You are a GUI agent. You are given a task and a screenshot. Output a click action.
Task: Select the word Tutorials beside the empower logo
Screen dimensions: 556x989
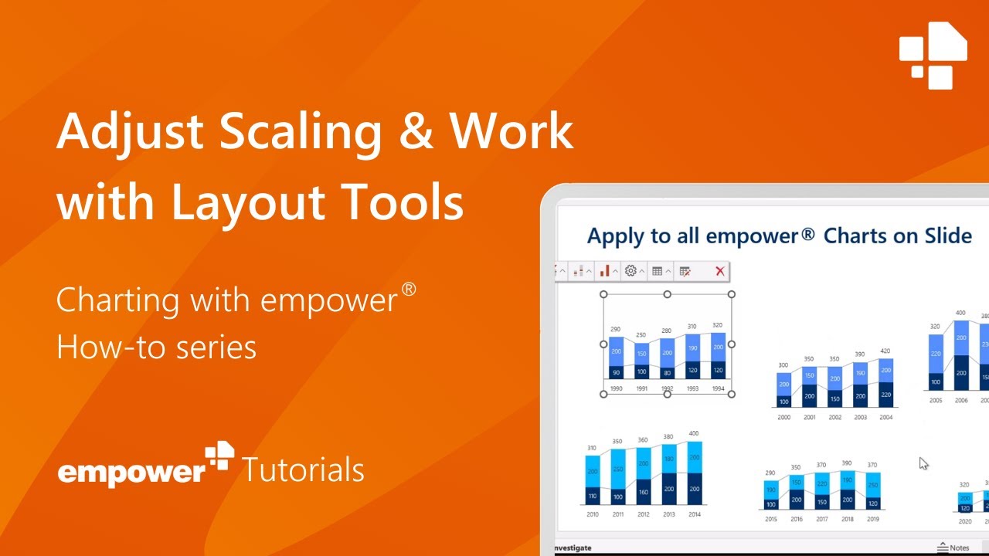click(x=303, y=470)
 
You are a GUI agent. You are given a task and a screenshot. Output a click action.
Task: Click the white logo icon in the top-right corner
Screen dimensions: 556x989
click(x=933, y=56)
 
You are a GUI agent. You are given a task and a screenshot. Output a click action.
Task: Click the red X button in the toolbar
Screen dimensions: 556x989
click(x=719, y=271)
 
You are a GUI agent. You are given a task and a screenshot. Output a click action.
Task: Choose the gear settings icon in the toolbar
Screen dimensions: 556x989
click(x=630, y=271)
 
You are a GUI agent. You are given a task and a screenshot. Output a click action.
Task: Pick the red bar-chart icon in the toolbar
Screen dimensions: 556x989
click(x=605, y=271)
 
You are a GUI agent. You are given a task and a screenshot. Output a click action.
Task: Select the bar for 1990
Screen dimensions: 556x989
click(x=616, y=358)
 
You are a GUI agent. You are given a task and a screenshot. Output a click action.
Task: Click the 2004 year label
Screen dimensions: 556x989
click(x=885, y=417)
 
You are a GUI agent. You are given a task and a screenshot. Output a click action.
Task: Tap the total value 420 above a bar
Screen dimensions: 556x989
click(x=885, y=351)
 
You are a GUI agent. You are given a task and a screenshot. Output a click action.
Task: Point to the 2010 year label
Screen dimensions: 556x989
click(x=593, y=514)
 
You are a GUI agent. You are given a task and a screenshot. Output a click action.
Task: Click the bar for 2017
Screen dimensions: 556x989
click(x=822, y=491)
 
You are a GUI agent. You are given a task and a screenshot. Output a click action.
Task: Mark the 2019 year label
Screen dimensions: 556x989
click(x=873, y=519)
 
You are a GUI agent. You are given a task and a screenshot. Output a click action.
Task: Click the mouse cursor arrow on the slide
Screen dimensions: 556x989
click(x=923, y=463)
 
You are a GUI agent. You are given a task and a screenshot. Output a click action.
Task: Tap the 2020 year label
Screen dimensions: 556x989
click(x=964, y=522)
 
